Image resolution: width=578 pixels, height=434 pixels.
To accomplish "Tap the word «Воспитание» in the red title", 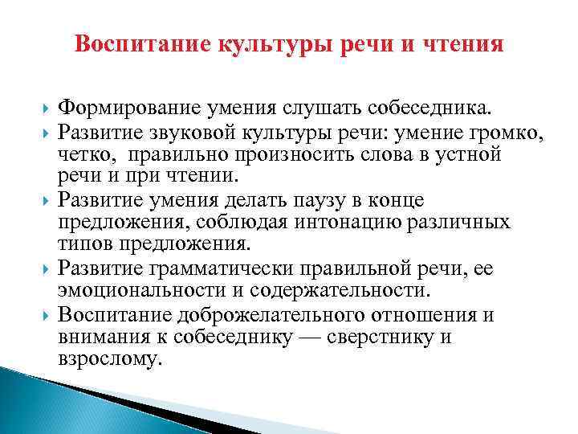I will coord(141,44).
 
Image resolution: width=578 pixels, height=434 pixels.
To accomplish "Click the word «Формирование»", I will coord(132,107).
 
